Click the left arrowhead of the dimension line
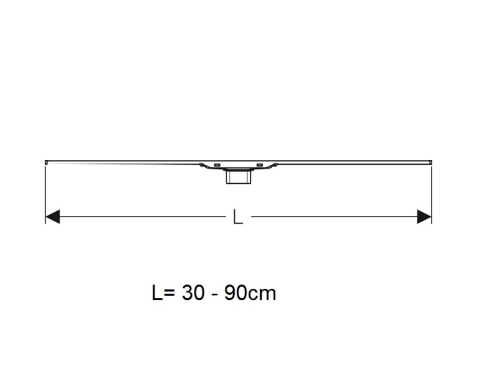point(52,217)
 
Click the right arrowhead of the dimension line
point(424,217)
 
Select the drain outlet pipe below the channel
point(238,178)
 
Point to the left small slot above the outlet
point(217,165)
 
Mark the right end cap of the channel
point(430,161)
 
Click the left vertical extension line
point(46,191)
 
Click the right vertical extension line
point(431,191)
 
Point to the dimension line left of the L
point(143,217)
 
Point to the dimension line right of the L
point(334,217)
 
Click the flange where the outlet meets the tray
point(238,171)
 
